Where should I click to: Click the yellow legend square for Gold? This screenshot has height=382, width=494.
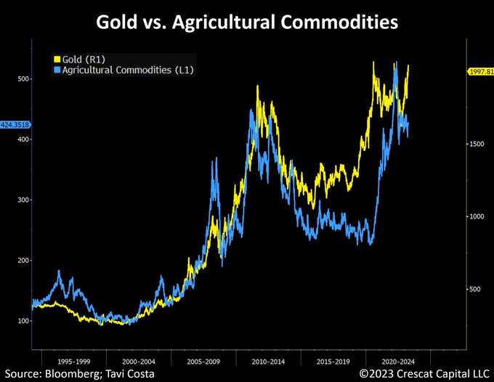click(57, 57)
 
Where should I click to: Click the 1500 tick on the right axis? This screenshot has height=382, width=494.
click(475, 145)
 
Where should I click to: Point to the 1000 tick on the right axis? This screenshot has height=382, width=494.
click(475, 217)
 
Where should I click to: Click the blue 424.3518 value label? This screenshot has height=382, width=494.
click(15, 124)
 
